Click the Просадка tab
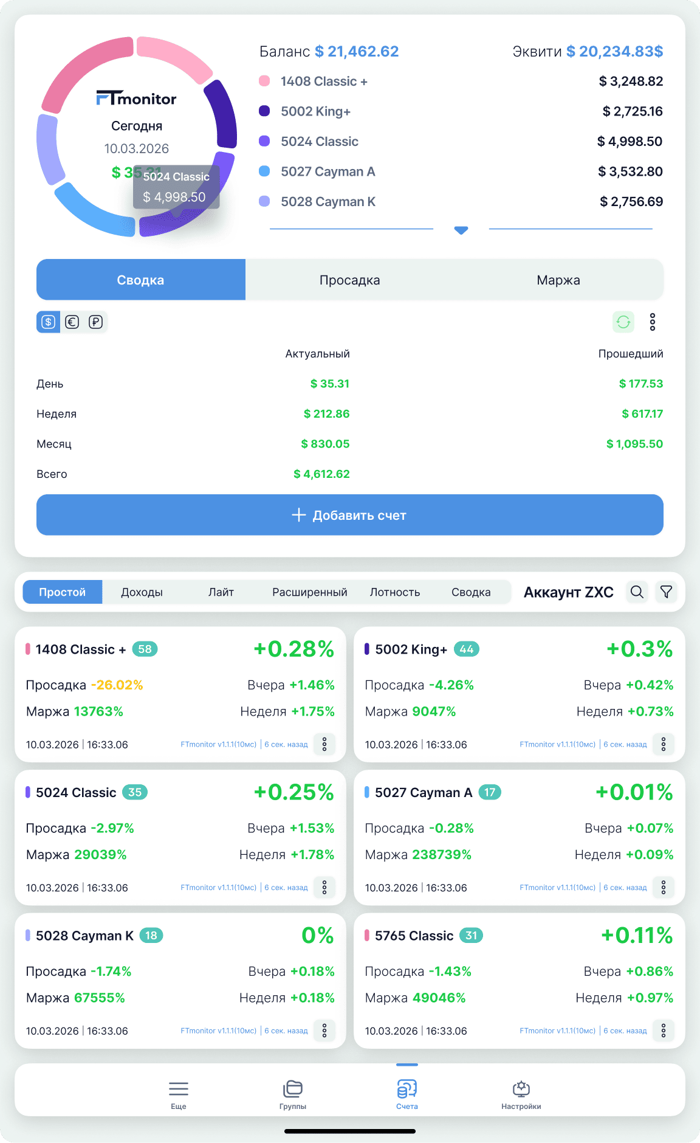point(349,280)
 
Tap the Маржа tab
point(558,280)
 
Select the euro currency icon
point(72,322)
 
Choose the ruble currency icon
point(95,322)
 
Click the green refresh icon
point(623,322)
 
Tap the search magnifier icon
point(637,592)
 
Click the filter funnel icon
point(666,592)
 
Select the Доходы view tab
point(142,592)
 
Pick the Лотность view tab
point(395,592)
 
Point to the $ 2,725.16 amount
point(633,111)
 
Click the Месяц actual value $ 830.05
point(325,444)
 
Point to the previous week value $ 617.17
point(642,413)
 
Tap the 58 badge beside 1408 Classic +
point(145,649)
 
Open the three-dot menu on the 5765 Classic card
point(664,1030)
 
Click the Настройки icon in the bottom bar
point(521,1088)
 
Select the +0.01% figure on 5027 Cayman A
point(634,792)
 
